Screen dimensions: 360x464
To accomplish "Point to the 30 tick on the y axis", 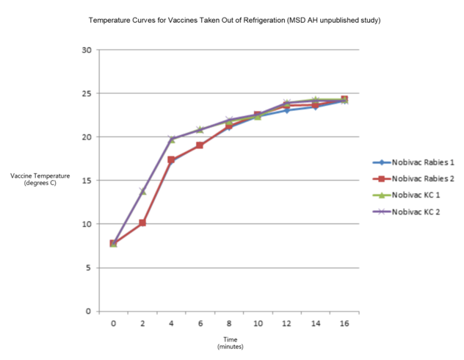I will (85, 50).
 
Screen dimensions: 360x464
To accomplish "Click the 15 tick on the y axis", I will (85, 181).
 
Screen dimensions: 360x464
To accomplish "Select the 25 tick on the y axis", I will (85, 93).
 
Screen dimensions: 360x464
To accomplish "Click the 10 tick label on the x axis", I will (257, 323).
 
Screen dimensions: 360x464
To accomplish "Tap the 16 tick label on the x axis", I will (344, 323).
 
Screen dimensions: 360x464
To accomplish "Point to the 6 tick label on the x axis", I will (200, 323).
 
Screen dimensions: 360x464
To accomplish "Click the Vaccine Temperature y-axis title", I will (40, 179).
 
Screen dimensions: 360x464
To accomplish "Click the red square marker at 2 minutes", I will (142, 223).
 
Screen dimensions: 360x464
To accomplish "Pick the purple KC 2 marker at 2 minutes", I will (142, 191).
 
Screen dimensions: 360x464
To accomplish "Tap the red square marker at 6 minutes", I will (200, 145).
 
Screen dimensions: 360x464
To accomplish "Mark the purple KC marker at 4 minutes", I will (171, 139).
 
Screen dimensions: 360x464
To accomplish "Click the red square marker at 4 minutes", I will (171, 159).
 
